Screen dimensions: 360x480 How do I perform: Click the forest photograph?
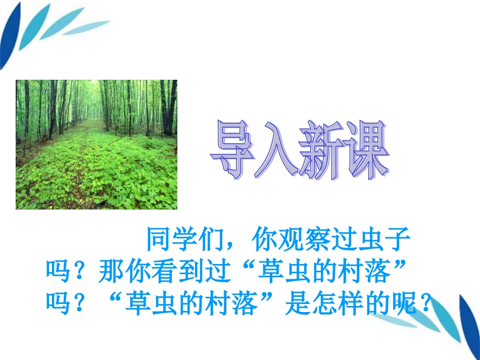point(97,144)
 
